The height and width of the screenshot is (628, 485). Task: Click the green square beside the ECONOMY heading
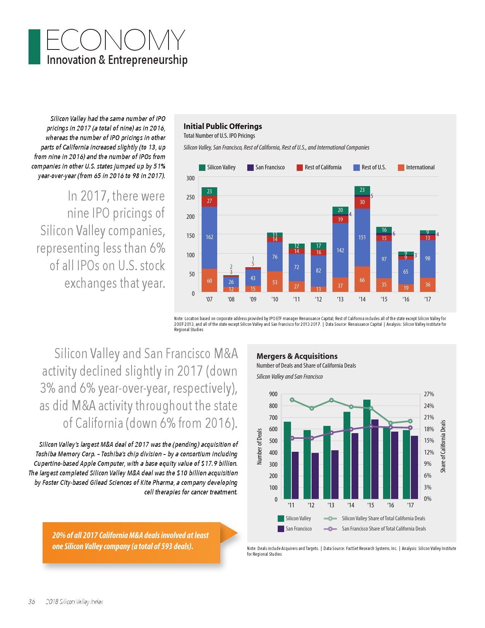[34, 47]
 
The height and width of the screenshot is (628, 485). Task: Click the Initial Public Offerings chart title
[223, 126]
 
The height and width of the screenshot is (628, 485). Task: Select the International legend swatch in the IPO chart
[401, 167]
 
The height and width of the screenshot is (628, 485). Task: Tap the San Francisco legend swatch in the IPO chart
[250, 167]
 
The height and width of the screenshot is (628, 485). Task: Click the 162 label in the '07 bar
[209, 237]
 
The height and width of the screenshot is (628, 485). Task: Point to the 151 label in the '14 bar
[362, 237]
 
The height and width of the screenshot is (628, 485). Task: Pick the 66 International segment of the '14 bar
[362, 280]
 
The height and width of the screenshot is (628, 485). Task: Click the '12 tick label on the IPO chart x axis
[318, 300]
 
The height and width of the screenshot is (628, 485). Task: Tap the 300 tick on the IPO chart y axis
[191, 178]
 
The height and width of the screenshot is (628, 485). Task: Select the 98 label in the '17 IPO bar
[428, 258]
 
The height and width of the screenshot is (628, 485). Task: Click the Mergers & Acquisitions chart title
[297, 356]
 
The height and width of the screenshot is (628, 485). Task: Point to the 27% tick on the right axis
[429, 394]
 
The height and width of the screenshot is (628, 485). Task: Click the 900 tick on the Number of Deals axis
[273, 394]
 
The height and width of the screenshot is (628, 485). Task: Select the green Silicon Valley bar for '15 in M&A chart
[367, 449]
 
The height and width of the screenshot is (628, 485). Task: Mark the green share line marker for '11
[292, 400]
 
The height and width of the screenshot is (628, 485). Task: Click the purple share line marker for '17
[410, 428]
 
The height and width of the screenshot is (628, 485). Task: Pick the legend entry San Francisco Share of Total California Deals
[383, 529]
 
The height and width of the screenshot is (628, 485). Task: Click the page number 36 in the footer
[32, 602]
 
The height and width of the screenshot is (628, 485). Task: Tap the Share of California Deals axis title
[443, 446]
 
